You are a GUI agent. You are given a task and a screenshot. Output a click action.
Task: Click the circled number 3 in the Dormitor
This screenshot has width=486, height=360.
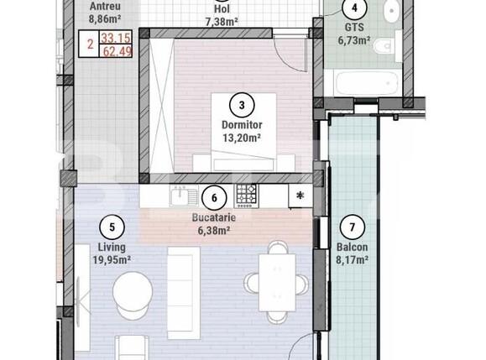tap(242, 105)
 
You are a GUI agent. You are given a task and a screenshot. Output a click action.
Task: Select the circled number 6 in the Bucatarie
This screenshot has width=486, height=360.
tap(215, 198)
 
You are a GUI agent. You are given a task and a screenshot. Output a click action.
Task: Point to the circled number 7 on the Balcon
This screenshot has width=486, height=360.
tap(353, 227)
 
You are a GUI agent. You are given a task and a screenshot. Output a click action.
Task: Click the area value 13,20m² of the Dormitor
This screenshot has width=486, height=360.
tap(241, 140)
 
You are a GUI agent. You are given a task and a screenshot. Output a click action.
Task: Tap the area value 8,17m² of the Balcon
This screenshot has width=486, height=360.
tap(352, 259)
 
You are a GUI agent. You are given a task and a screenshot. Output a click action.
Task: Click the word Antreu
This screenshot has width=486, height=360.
tap(104, 3)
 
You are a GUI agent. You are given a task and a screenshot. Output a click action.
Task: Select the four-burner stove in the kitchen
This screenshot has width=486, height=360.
tap(246, 196)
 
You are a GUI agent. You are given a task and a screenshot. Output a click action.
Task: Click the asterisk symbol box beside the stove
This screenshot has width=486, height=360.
tap(299, 196)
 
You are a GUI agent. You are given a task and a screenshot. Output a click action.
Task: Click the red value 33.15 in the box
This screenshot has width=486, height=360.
tap(117, 38)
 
